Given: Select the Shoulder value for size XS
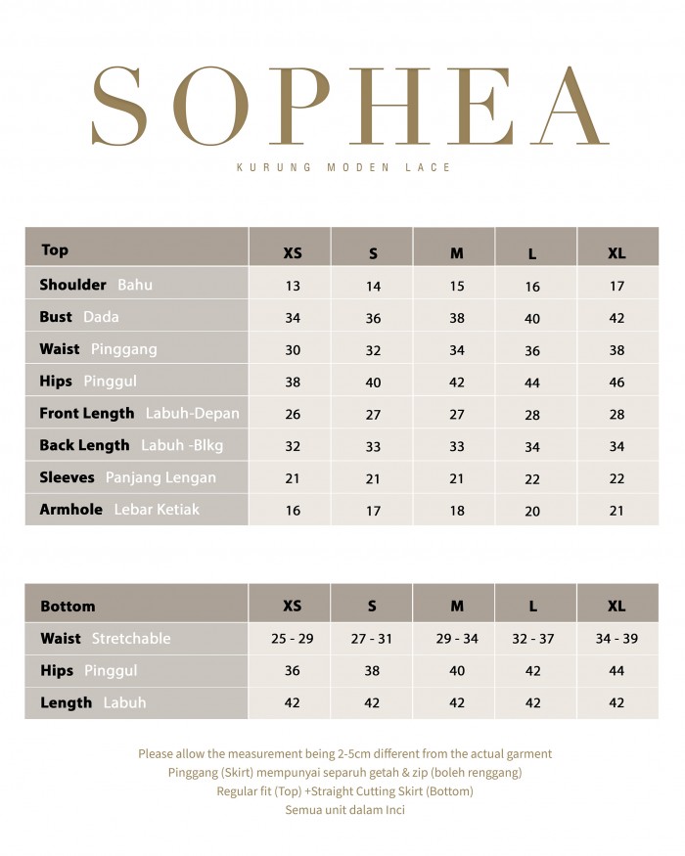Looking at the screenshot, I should pos(293,287).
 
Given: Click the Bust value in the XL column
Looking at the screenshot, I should pos(616,318).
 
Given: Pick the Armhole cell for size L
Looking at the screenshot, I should pos(532,511).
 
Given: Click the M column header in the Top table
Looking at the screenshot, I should pos(456,253).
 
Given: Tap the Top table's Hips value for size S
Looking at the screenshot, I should pos(373,383).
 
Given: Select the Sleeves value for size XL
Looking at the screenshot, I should pos(616,478).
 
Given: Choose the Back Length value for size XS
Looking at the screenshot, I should pos(293,446).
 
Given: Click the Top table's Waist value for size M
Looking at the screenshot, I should pos(456,350).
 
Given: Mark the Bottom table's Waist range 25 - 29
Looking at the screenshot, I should pos(292,639).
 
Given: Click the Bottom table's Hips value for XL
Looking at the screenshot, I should pos(616,671).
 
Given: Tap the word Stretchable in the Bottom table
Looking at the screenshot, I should pos(131,639).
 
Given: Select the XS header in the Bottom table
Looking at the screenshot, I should pos(292,607).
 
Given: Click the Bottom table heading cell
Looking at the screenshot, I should pos(68,607).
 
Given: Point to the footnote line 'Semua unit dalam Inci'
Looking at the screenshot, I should pos(344,810).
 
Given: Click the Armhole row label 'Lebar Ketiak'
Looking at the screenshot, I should pos(157,510).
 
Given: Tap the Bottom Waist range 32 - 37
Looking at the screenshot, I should pos(532,639).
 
